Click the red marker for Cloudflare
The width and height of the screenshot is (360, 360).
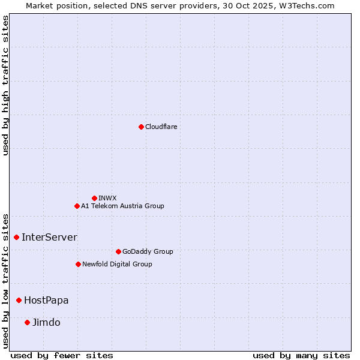coord(141,127)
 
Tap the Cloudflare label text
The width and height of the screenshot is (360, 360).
coord(161,127)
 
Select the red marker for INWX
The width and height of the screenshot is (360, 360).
coord(94,198)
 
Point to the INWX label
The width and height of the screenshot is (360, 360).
coord(108,198)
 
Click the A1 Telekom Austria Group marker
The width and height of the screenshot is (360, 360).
coord(77,206)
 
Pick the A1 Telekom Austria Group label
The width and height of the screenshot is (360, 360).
coord(122,206)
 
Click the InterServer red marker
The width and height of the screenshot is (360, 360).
coord(16,237)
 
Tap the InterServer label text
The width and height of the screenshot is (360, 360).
coord(49,237)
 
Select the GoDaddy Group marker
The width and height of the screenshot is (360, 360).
coord(118,251)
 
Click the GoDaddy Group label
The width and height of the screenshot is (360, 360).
coord(148,251)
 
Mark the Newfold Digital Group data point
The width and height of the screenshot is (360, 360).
coord(78,264)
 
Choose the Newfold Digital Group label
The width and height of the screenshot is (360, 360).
coord(117,264)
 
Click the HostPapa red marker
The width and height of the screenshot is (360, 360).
coord(19,300)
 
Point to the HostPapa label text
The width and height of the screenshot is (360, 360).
coord(46,300)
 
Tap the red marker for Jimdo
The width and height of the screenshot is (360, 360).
coord(27,322)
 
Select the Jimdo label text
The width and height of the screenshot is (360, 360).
coord(46,322)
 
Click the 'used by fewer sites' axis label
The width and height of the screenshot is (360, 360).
coord(62,355)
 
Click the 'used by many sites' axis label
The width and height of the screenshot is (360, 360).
coord(301,355)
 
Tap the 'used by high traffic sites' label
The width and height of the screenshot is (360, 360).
coord(5,85)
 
